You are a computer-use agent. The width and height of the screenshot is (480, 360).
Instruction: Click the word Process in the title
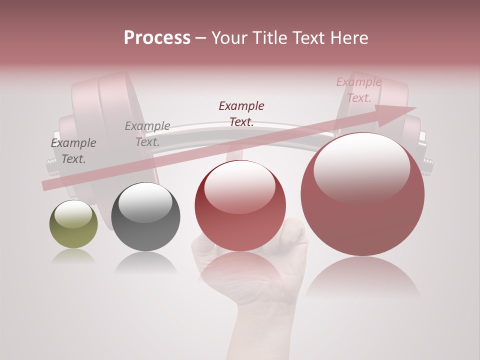(x=157, y=38)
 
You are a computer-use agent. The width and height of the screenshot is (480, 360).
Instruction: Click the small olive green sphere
(x=73, y=224)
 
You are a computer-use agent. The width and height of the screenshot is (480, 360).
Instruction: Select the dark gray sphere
(x=145, y=216)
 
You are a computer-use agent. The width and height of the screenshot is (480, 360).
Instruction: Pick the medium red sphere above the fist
(x=240, y=205)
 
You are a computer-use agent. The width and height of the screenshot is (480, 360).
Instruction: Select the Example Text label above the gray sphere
(x=147, y=133)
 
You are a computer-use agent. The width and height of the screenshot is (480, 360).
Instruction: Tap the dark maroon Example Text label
(x=241, y=113)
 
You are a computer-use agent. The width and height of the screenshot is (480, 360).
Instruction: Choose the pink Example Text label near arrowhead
(x=358, y=90)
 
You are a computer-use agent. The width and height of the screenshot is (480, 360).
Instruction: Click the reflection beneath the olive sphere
(x=73, y=256)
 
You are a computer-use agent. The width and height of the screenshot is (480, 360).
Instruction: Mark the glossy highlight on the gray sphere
(x=145, y=201)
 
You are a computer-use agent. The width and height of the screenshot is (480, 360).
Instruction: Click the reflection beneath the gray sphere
(x=145, y=262)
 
